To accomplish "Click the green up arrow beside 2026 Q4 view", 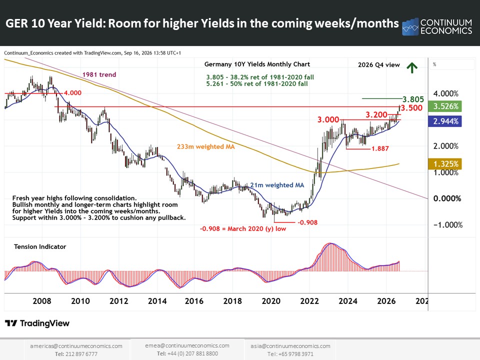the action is tap(412, 67).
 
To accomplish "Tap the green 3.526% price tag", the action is tap(445, 106).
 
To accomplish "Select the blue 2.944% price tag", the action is tap(445, 121).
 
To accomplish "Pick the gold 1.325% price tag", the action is tap(445, 164).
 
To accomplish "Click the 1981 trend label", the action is tap(99, 74).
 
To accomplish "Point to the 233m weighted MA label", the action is tap(205, 146).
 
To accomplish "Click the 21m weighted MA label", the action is tap(277, 185).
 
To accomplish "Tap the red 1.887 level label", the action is tap(380, 148).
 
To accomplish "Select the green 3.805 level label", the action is tap(413, 99).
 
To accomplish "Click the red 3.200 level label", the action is tap(376, 115).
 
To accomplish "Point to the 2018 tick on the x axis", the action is tap(232, 301).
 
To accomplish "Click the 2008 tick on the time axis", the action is tap(42, 301).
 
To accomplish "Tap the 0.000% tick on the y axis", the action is tap(447, 198).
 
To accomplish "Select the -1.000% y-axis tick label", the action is tap(448, 224).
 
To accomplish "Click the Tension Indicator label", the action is tap(40, 246).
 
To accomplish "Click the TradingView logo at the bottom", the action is tap(37, 323).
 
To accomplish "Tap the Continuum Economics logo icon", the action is tap(410, 27).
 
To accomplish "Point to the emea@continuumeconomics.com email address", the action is tap(187, 345).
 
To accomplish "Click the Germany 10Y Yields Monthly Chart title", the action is tap(257, 64).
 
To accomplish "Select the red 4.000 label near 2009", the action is tap(72, 93).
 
